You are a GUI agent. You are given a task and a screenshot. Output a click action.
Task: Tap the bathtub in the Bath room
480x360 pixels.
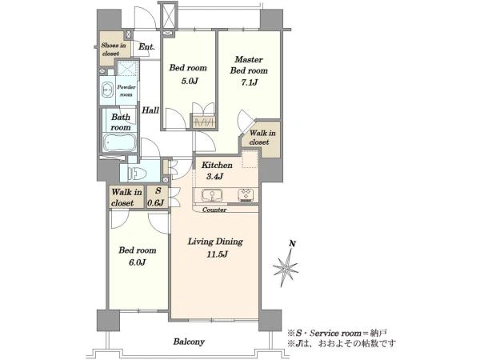120,143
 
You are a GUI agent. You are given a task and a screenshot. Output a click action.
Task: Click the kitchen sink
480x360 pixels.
212,195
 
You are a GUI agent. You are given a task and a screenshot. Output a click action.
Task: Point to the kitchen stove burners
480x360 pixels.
246,195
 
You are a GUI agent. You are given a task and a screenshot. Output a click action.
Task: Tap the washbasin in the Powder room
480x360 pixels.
107,90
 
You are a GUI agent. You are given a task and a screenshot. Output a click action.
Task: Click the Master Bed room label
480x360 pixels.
249,65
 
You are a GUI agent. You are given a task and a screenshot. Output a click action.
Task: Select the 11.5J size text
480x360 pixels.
217,254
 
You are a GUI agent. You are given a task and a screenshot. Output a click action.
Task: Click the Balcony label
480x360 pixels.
189,342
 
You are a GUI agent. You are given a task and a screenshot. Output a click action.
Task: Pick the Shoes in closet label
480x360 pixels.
114,50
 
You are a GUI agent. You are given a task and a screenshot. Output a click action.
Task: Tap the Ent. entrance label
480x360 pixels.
146,47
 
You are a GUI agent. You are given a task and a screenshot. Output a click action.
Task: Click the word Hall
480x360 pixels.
150,110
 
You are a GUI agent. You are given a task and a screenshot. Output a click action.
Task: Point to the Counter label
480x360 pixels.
214,210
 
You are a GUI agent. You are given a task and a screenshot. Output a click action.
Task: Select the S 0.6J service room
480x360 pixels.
158,197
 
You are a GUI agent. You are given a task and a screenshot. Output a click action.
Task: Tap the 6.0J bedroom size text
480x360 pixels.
137,262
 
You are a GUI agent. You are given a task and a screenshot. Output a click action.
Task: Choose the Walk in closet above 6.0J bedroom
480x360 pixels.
126,198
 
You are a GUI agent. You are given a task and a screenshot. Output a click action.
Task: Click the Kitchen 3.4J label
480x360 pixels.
217,170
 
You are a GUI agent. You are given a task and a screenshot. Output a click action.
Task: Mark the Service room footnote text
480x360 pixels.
338,333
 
